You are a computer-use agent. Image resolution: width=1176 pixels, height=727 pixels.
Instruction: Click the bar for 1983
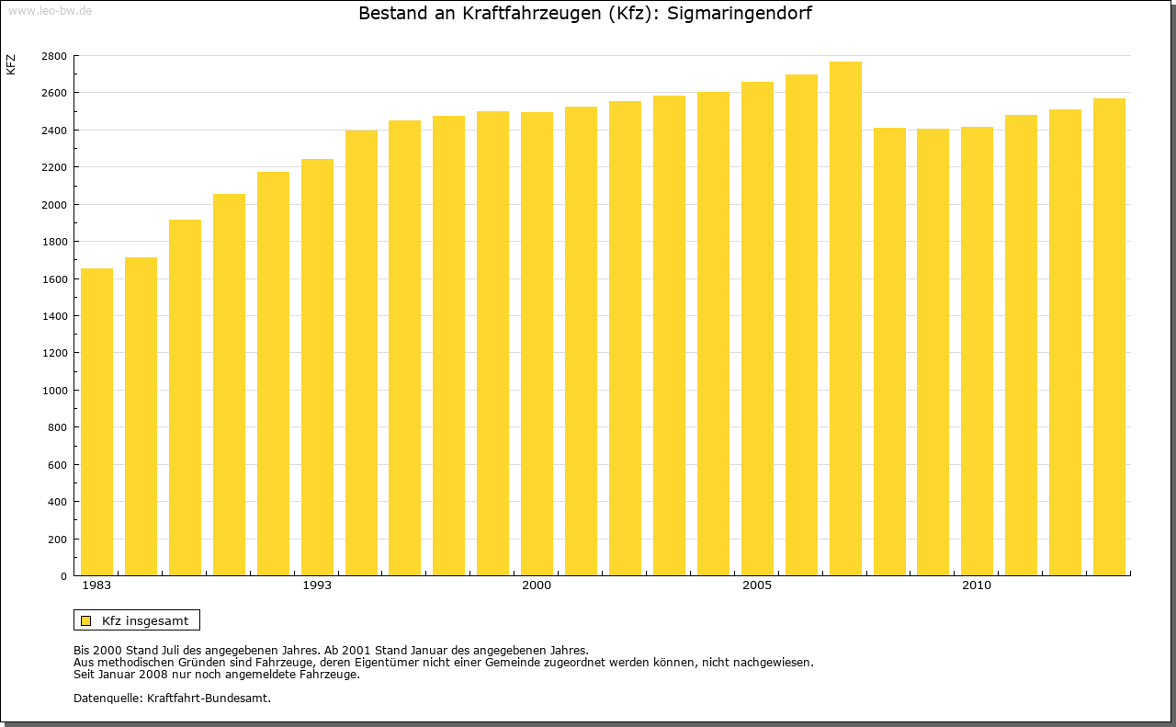point(96,423)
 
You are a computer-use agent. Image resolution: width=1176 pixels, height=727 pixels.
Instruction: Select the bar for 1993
point(317,368)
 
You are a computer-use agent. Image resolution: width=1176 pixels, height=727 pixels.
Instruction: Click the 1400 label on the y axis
point(54,316)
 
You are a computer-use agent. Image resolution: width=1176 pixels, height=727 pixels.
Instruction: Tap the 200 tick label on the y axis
point(57,540)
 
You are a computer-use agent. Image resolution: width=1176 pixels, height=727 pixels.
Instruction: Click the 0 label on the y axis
point(62,576)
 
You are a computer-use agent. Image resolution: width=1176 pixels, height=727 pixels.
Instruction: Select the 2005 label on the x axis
point(757,585)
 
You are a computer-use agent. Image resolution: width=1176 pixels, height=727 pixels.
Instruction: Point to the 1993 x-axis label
point(317,585)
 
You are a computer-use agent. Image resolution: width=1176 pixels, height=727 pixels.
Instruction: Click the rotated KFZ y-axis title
point(11,65)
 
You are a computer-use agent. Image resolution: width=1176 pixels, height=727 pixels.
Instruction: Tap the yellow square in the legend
point(86,620)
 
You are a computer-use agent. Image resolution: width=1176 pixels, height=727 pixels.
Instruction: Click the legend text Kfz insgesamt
point(145,620)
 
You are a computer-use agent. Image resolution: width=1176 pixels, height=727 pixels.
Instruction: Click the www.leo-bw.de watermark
point(50,9)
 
